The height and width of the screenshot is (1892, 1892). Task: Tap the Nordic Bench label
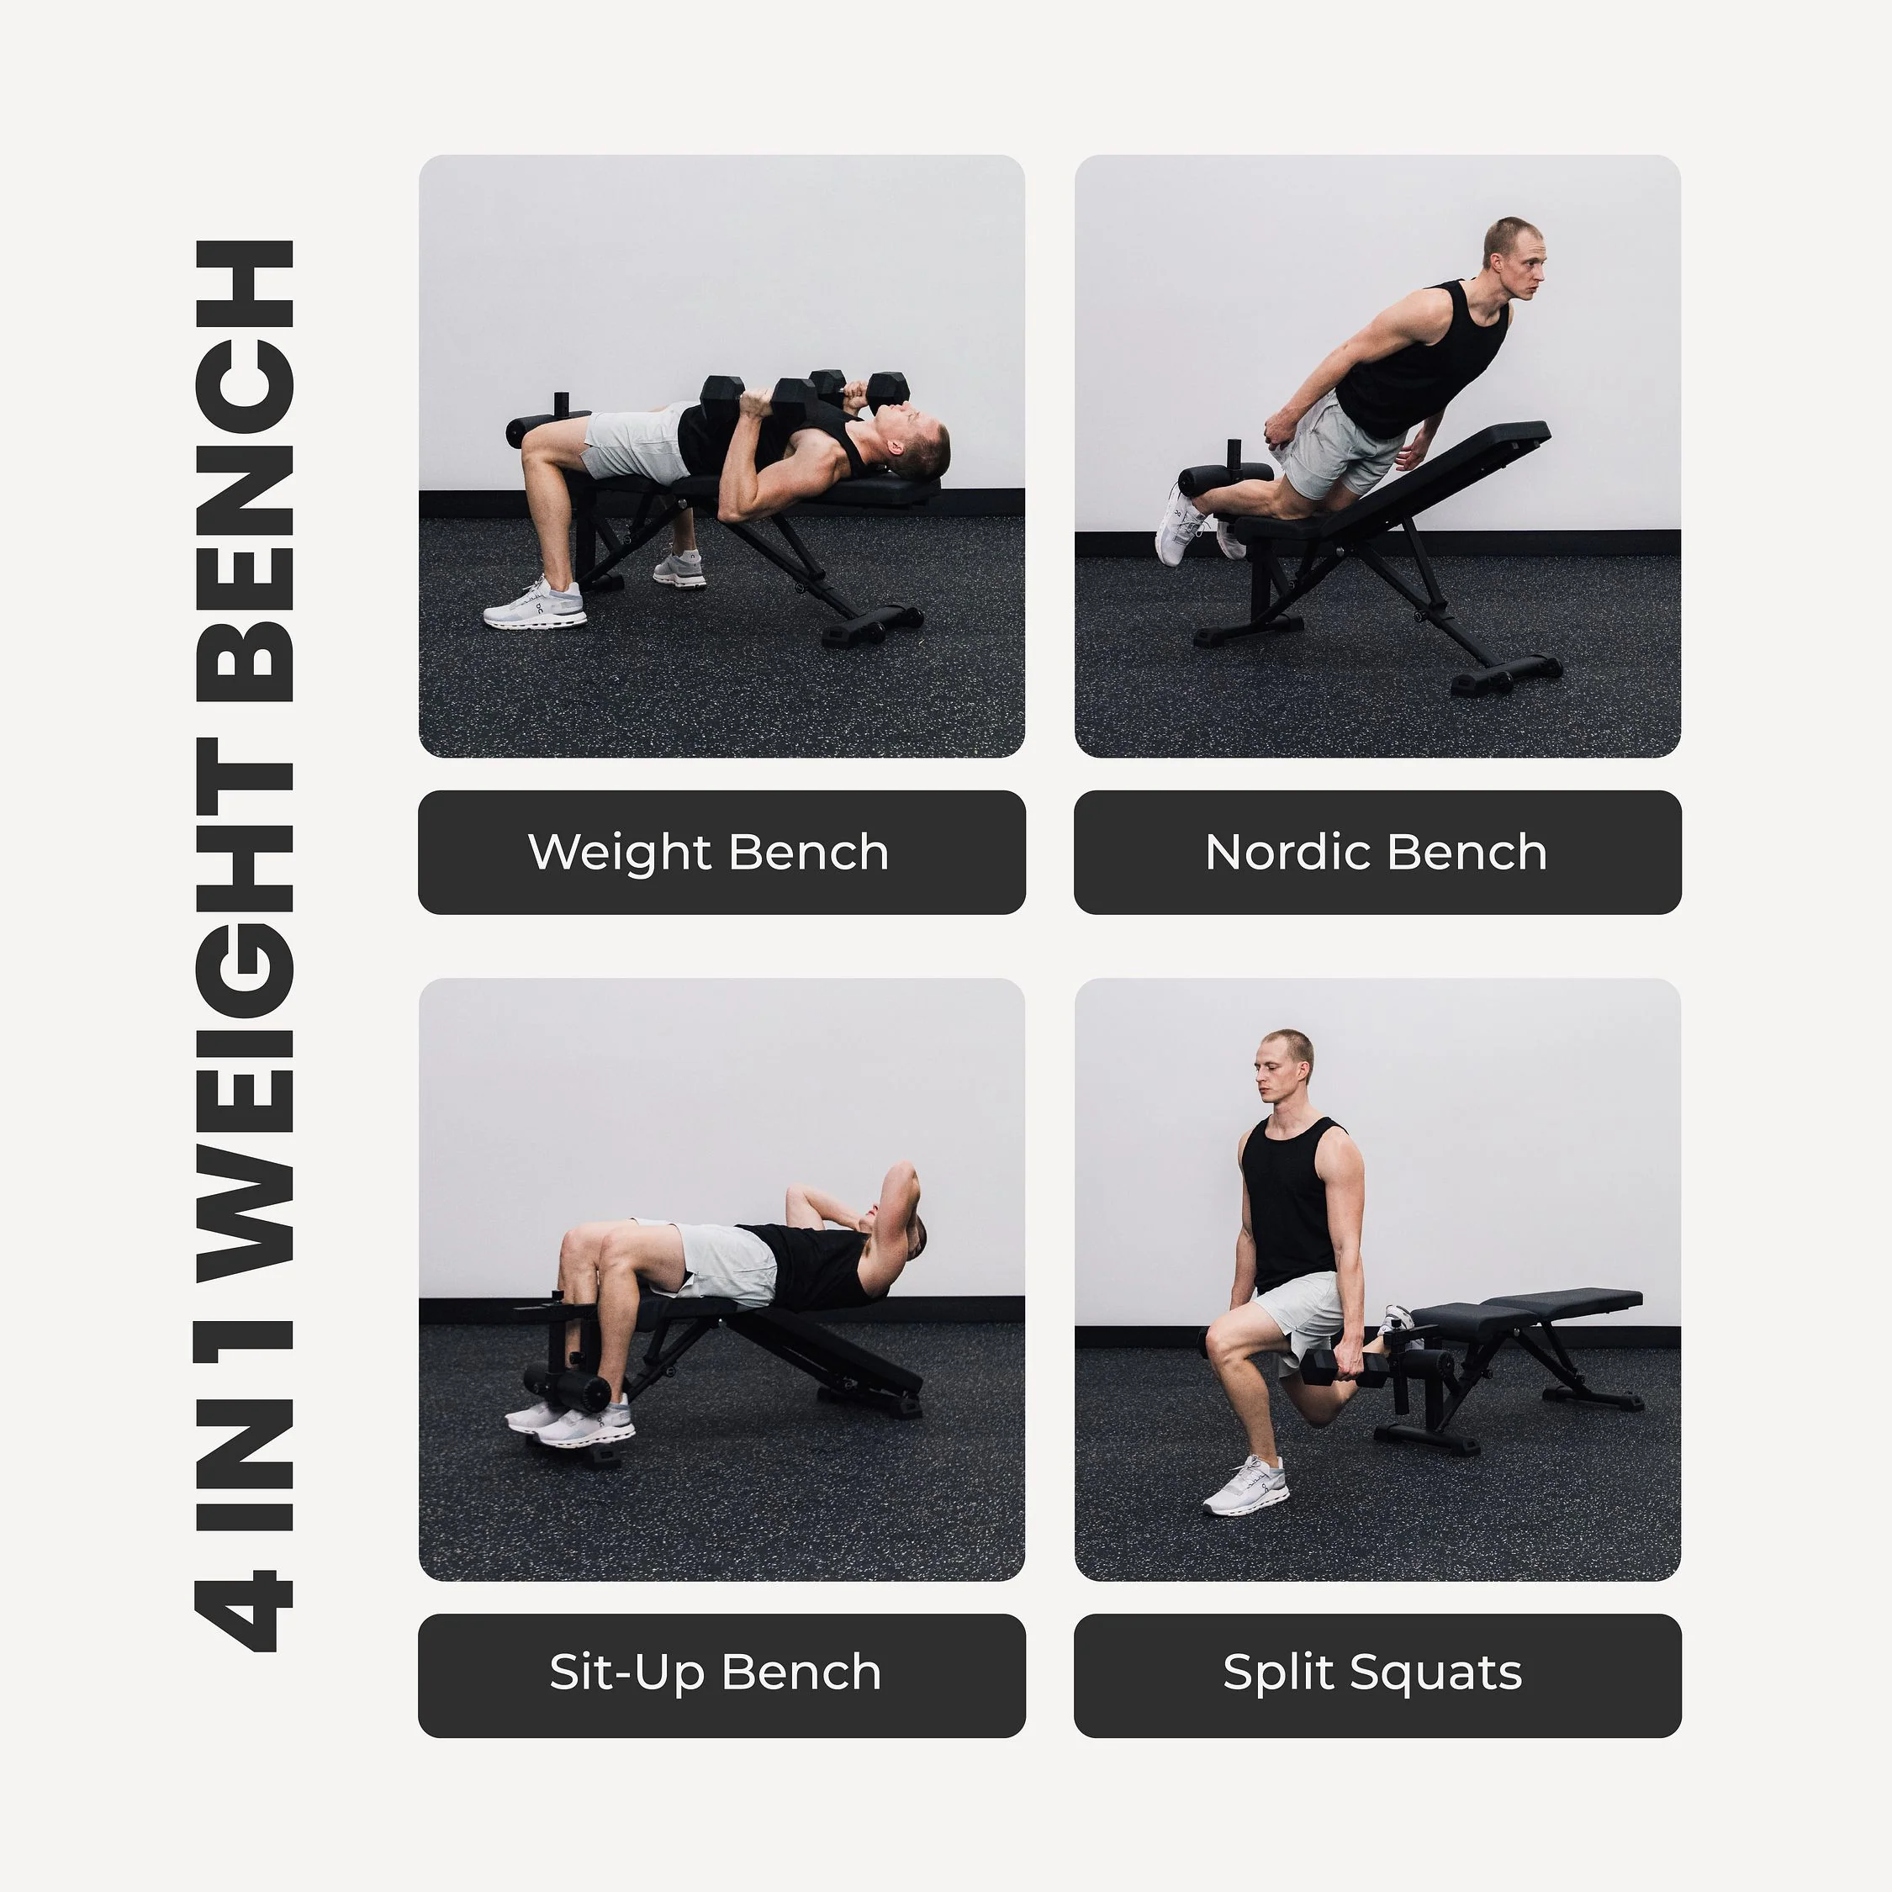coord(1377,852)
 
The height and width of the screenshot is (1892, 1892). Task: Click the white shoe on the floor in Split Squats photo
coord(1245,1488)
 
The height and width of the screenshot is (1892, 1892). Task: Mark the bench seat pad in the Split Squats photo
coord(1528,1313)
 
